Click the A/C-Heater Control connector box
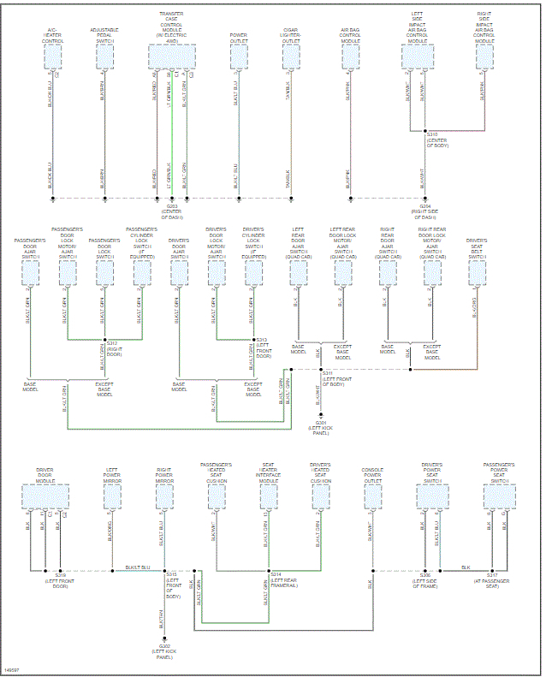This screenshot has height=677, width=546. pos(53,57)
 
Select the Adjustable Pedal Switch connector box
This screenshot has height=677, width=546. pos(104,57)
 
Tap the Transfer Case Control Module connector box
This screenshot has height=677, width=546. pos(171,57)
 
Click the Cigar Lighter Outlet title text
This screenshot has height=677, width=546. pos(291,34)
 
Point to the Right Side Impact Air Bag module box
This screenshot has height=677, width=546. pos(484,57)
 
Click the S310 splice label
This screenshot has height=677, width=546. pos(432,134)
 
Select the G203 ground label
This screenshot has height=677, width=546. pos(172,206)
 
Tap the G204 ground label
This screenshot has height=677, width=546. pos(424,206)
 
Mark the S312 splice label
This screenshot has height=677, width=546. pos(112,341)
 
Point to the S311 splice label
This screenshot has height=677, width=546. pos(327,373)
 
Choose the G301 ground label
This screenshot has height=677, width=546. pos(320,423)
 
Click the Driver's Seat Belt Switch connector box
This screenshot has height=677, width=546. pos(477,273)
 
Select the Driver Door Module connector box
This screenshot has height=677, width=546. pos(45,496)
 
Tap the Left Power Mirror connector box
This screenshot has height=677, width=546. pos(112,496)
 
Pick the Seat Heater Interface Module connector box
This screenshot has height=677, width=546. pos(269,496)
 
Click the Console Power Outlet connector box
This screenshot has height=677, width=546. pos(372,496)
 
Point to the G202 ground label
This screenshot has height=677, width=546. pos(165,647)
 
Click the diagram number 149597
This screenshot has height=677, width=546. pos(12,669)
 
